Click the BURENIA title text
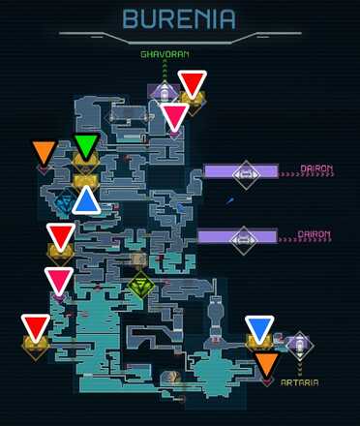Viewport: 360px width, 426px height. (x=179, y=18)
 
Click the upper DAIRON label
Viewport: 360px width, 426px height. (x=316, y=169)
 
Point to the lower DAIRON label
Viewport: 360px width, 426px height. (x=315, y=234)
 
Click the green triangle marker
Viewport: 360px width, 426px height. (x=86, y=147)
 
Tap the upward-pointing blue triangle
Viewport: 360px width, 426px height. (x=86, y=199)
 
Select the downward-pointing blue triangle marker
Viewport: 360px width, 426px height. (x=258, y=328)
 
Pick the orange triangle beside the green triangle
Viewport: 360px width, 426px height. (x=44, y=153)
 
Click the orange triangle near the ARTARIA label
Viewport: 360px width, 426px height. (x=267, y=364)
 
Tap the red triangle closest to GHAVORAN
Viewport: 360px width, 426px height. (x=193, y=83)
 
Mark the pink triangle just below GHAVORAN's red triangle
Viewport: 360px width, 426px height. (x=175, y=117)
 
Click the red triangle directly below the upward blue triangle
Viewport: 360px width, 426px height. (x=61, y=235)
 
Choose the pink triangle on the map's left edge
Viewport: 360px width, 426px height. (x=59, y=281)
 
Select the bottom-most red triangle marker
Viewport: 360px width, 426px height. (x=36, y=327)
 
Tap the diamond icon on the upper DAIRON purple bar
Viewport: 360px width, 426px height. (x=246, y=172)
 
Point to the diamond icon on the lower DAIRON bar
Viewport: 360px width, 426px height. (x=243, y=237)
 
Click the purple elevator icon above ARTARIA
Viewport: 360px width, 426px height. (x=299, y=343)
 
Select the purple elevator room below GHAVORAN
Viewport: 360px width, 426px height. (x=165, y=92)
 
